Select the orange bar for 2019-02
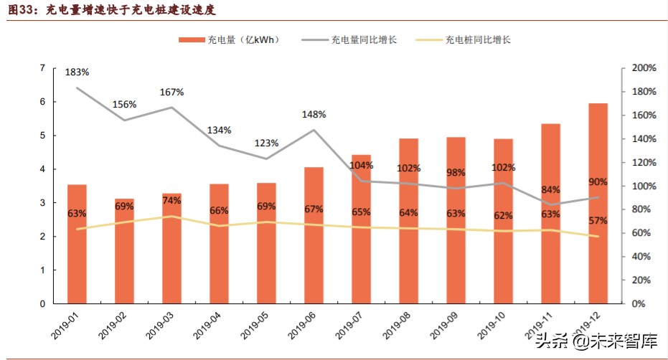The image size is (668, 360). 124,251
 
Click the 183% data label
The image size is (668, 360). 77,72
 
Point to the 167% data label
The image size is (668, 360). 172,92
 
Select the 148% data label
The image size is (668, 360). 314,114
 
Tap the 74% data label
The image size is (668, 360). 172,201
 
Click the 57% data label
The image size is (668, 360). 598,220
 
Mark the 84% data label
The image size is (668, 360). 550,189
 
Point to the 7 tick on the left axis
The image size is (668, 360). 43,68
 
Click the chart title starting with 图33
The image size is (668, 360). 110,11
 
